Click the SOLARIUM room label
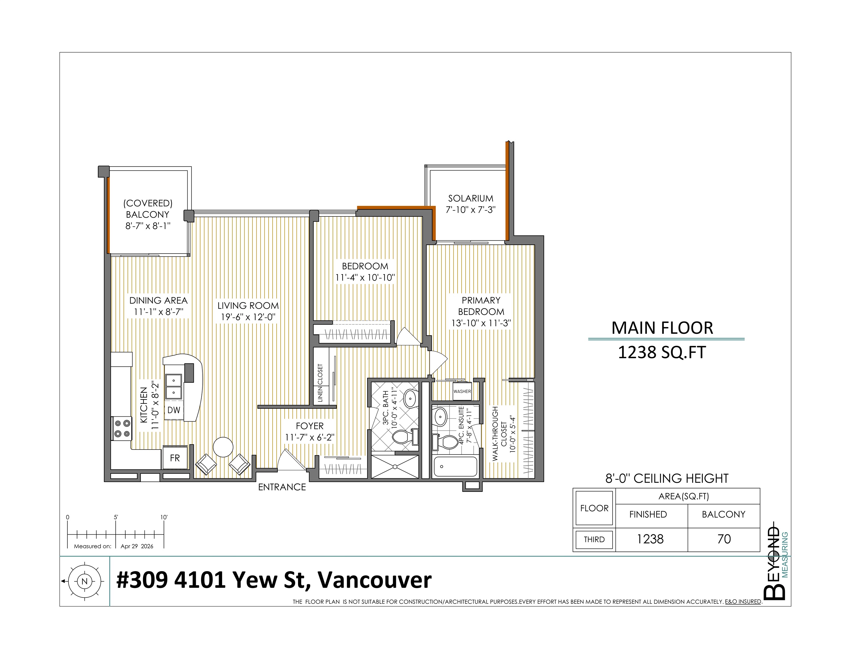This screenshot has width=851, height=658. (470, 198)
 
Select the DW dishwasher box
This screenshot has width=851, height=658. (174, 410)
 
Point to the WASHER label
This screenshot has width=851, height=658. (462, 391)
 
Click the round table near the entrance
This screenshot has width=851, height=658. (223, 447)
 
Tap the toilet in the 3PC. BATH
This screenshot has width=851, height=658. (406, 437)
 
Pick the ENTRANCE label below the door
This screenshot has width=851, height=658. (282, 487)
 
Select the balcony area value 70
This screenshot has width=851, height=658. (724, 539)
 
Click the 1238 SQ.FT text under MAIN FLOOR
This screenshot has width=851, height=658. (662, 352)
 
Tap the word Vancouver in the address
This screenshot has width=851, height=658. (375, 580)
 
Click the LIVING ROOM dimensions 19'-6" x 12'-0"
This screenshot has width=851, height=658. (248, 317)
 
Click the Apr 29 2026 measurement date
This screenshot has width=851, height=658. (137, 546)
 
